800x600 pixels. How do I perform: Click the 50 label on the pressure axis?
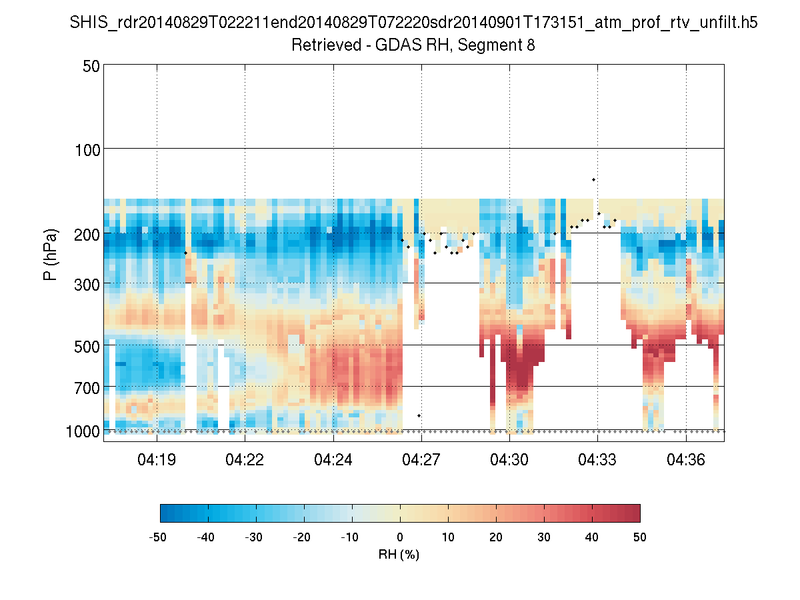tap(91, 66)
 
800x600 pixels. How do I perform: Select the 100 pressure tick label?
tap(87, 149)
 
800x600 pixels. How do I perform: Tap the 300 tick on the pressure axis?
tap(87, 284)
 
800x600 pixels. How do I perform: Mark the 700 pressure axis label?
tap(87, 387)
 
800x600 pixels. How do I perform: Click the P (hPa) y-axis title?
tap(51, 255)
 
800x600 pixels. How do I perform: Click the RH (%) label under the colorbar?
tap(399, 555)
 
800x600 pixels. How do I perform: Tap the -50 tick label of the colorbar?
tap(158, 537)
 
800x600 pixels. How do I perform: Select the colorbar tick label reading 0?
tap(400, 537)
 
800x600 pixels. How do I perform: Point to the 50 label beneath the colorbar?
tap(640, 537)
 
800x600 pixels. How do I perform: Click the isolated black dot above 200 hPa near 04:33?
tap(593, 179)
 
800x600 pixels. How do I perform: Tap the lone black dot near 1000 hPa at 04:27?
tap(419, 415)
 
